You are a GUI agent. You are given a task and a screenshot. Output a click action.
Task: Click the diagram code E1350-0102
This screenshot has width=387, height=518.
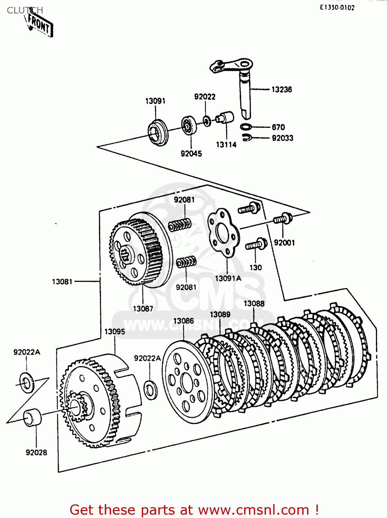[x=337, y=8]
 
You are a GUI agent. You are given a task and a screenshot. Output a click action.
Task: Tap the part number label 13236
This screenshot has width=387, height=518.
[x=282, y=89]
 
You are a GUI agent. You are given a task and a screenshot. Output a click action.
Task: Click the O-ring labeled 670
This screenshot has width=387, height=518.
[x=246, y=127]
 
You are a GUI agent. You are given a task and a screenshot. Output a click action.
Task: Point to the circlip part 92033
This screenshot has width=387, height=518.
[x=246, y=137]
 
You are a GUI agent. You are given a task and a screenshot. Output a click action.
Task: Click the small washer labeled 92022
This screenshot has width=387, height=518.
[x=207, y=121]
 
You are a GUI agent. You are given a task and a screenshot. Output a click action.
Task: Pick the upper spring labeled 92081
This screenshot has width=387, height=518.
[x=179, y=225]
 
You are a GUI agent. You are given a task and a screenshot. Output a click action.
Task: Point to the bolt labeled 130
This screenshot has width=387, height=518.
[x=256, y=244]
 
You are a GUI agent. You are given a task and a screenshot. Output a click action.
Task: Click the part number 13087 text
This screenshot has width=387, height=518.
[x=143, y=309]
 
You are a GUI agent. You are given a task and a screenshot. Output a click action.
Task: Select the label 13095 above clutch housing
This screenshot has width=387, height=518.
[x=114, y=332]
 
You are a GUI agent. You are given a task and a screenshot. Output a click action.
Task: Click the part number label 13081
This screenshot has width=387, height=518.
[x=62, y=282]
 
